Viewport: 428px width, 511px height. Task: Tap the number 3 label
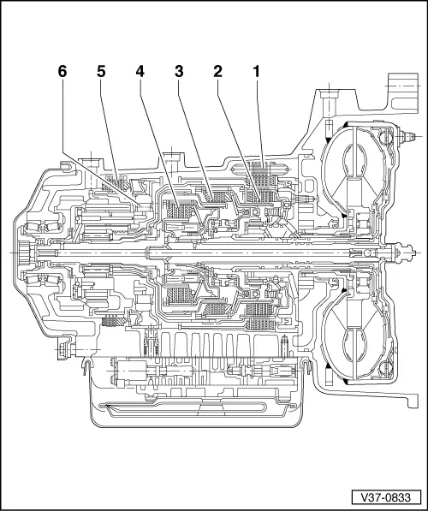tap(179, 74)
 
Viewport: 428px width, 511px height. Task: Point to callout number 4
tap(139, 74)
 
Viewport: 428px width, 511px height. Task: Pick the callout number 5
tap(101, 74)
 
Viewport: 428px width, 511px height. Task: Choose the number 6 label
tap(62, 74)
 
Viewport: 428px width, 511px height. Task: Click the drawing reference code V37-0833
tap(383, 496)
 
